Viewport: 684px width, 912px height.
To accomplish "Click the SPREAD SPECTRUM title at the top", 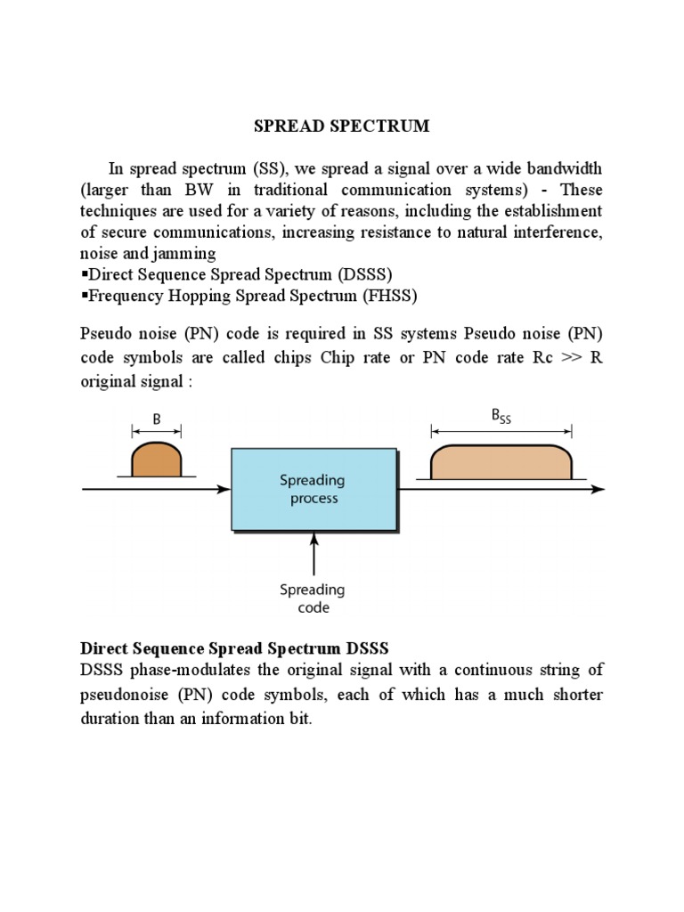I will click(341, 126).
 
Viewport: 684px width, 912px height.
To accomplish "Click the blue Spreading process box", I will click(313, 489).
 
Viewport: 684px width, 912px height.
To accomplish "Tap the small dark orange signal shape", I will click(157, 460).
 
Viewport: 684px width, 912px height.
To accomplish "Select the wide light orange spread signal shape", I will click(501, 460).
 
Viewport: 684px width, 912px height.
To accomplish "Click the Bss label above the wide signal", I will click(501, 415).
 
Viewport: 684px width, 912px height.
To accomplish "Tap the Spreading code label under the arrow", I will click(312, 598).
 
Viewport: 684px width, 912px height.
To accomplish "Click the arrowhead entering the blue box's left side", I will click(225, 489).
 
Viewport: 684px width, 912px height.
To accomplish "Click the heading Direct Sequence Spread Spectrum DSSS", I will click(235, 647).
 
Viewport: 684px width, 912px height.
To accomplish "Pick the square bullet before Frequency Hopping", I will click(84, 295).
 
